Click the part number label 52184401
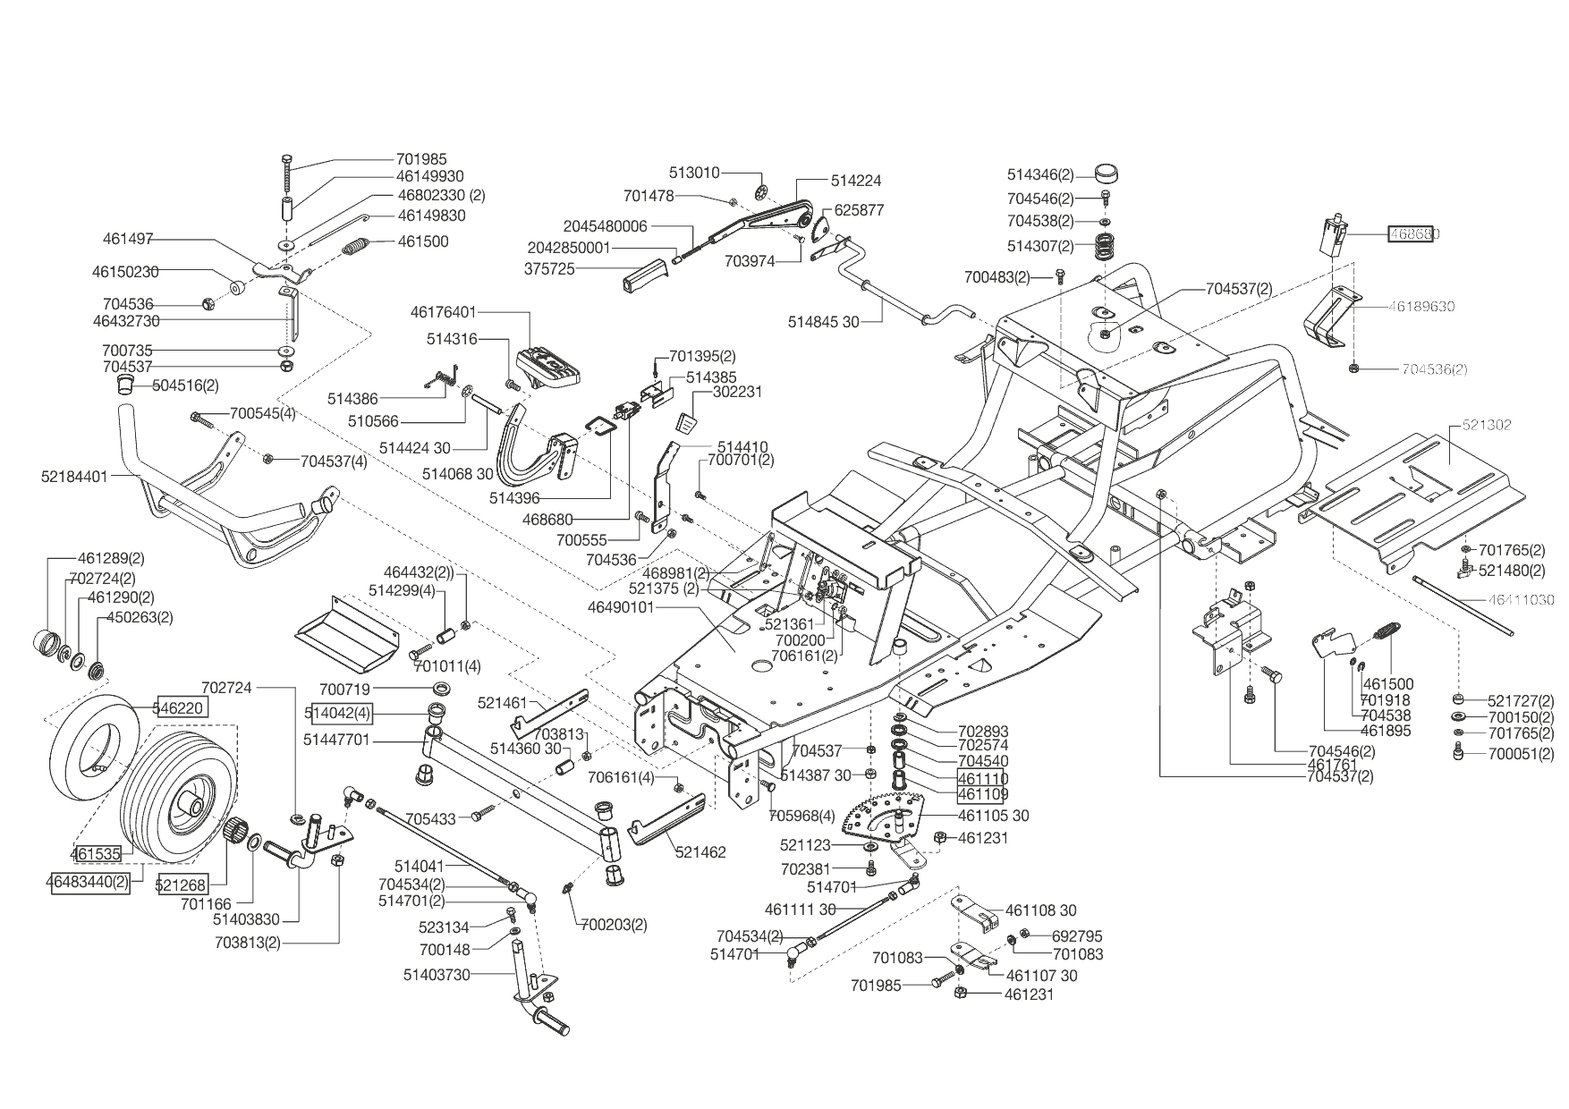pyautogui.click(x=74, y=477)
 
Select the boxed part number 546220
pyautogui.click(x=182, y=707)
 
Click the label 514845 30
pyautogui.click(x=823, y=321)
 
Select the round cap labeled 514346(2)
pyautogui.click(x=1107, y=173)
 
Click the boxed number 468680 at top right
pyautogui.click(x=1413, y=234)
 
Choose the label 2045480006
pyautogui.click(x=605, y=226)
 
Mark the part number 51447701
pyautogui.click(x=350, y=741)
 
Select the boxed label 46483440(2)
pyautogui.click(x=89, y=882)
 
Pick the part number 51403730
pyautogui.click(x=437, y=974)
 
